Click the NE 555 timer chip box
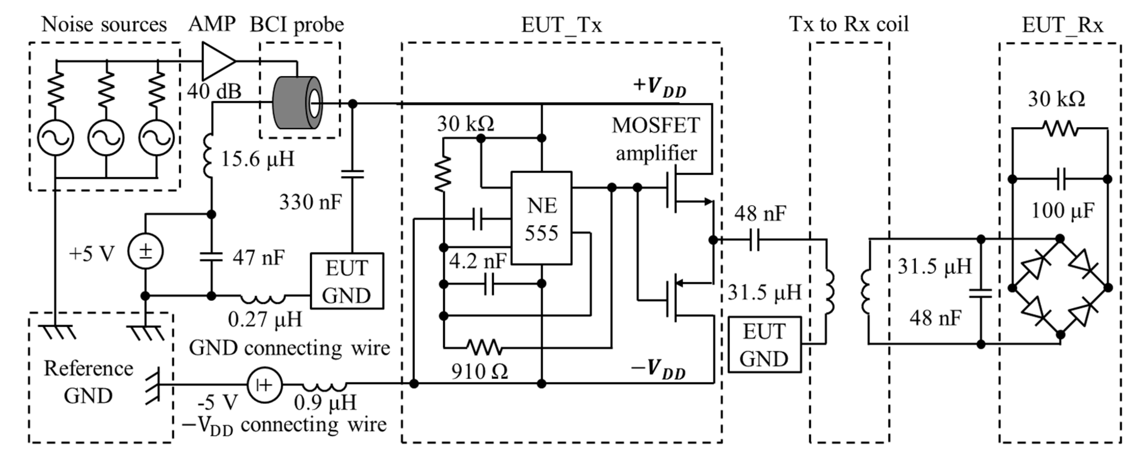pos(541,218)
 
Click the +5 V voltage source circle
pos(146,251)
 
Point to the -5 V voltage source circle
pos(264,385)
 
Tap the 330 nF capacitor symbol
pos(353,174)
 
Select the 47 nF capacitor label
pos(259,257)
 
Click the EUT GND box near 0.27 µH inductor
pos(347,281)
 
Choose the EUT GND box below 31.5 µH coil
pos(764,345)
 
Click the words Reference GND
pos(88,382)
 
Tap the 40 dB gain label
pos(214,91)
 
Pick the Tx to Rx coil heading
pos(849,24)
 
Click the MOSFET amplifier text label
pos(656,139)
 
